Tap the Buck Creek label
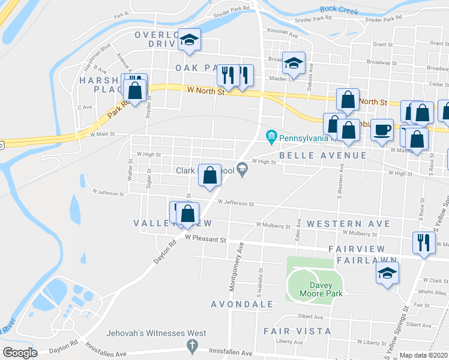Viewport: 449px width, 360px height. coord(339,10)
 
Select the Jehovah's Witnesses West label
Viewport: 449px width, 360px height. coord(156,333)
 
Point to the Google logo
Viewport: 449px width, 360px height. coord(20,352)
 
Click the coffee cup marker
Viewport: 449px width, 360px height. coord(382,130)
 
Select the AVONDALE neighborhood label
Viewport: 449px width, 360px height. coord(242,305)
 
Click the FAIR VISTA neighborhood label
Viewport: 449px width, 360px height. coord(297,331)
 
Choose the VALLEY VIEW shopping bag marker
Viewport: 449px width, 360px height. coord(188,214)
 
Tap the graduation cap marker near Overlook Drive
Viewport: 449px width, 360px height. coord(190,40)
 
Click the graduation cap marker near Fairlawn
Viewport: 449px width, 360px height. coord(388,273)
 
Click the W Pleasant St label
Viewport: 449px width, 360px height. coord(205,238)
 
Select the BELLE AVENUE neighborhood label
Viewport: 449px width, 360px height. coord(323,155)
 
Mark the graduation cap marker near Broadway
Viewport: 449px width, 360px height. coord(294,62)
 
